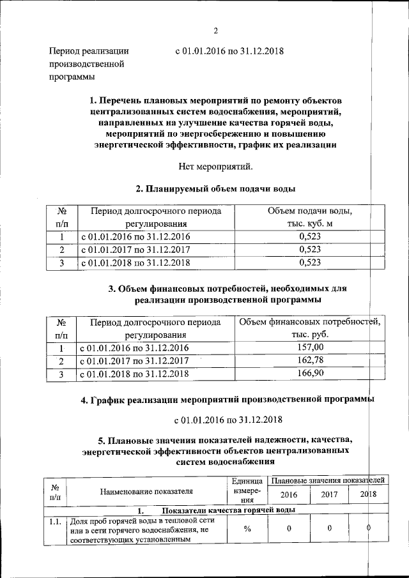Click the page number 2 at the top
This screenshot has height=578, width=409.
216,31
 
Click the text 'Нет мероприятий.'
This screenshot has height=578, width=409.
215,167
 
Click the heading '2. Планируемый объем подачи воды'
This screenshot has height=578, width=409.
215,189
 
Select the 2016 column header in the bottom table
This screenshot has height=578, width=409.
288,494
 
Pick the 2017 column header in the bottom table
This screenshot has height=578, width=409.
329,494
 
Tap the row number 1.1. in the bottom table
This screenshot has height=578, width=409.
54,522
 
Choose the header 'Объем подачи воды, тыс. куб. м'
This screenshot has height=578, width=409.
310,217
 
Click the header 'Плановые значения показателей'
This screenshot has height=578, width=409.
327,479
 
